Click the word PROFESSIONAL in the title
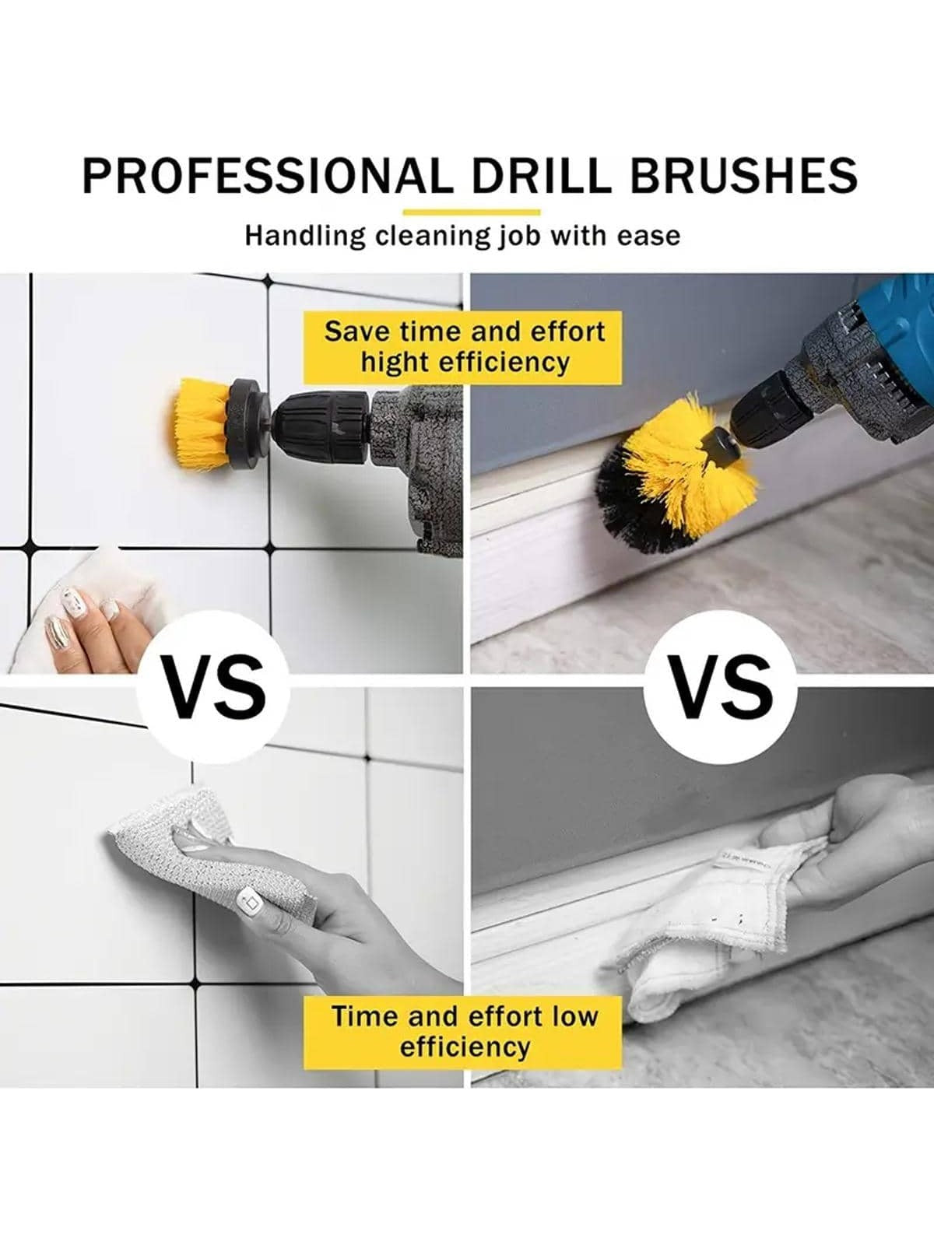268,175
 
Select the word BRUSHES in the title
743,175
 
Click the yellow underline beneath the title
471,212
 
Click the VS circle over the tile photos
214,687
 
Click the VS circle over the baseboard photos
721,687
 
